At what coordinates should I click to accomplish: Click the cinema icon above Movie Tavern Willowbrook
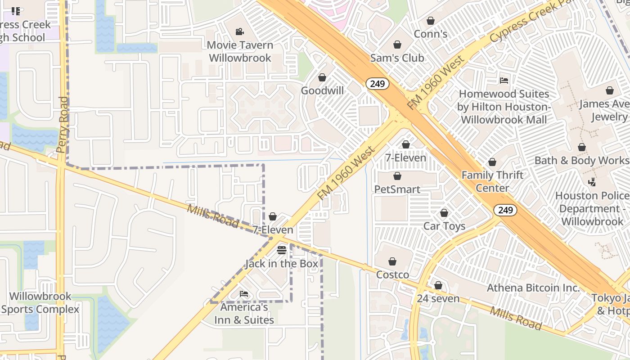coord(240,31)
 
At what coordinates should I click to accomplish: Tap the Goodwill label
coord(322,90)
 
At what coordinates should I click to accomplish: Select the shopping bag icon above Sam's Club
coord(397,45)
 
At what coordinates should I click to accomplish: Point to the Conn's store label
coord(430,34)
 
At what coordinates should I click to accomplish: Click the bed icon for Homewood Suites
coord(504,81)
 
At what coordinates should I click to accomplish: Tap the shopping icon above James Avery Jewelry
coord(610,90)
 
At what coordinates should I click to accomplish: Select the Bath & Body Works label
coord(581,161)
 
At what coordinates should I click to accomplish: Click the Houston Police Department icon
coord(592,182)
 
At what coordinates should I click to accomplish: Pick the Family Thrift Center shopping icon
coord(492,162)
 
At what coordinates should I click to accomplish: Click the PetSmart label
coord(397,189)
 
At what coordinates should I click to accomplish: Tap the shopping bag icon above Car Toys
coord(444,213)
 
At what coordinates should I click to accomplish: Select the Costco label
coord(392,274)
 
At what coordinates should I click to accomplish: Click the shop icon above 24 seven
coord(438,285)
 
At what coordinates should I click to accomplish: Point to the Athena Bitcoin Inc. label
coord(533,288)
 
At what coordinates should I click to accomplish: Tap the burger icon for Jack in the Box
coord(282,250)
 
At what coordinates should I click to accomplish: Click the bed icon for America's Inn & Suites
coord(244,294)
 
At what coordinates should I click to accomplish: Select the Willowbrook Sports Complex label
coord(40,303)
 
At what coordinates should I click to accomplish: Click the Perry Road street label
coord(63,125)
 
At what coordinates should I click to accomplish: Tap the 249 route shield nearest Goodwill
coord(377,83)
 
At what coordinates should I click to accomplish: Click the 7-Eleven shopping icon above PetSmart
coord(406,144)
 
